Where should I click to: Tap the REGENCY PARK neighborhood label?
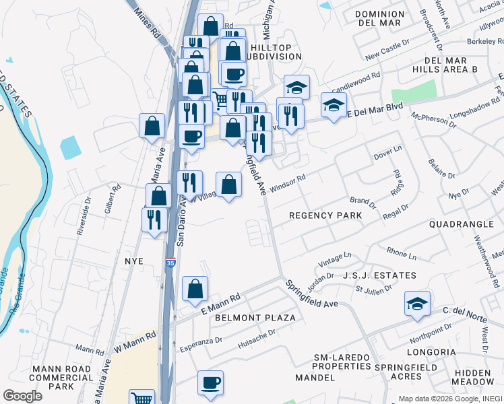pyautogui.click(x=325, y=215)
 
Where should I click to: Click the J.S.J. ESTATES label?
pyautogui.click(x=379, y=275)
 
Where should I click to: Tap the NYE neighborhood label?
pyautogui.click(x=134, y=260)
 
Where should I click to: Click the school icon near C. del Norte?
pyautogui.click(x=418, y=304)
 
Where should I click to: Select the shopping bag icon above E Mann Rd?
pyautogui.click(x=195, y=288)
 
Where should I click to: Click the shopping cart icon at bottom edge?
pyautogui.click(x=141, y=398)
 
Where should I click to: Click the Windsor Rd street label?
pyautogui.click(x=288, y=183)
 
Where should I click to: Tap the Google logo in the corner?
pyautogui.click(x=22, y=395)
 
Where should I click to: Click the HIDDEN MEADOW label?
pyautogui.click(x=474, y=378)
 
